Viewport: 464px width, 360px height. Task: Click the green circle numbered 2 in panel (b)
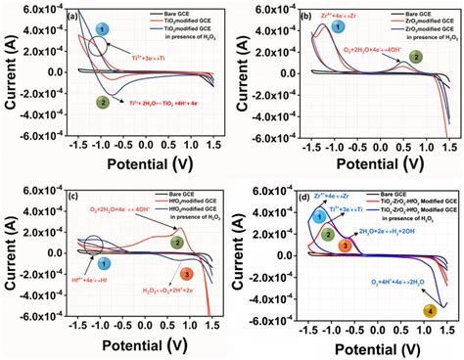tap(416, 57)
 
